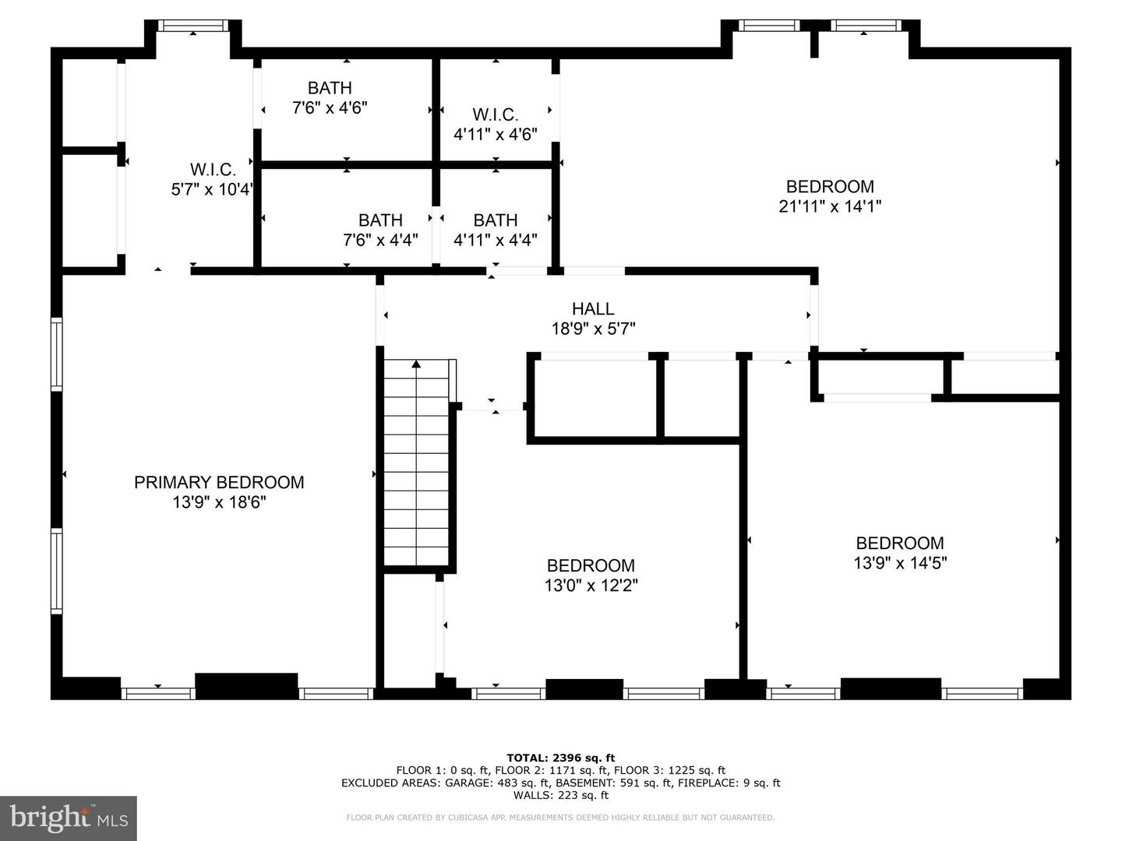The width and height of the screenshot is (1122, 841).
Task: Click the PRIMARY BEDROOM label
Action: point(219,483)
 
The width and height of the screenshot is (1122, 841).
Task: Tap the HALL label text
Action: point(593,309)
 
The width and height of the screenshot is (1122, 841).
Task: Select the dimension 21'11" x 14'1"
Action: point(830,206)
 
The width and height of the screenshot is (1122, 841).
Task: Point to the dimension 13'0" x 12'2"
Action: point(591,585)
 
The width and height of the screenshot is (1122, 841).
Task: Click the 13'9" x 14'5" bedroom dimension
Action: point(900,563)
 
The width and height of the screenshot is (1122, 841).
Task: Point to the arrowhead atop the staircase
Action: point(417,364)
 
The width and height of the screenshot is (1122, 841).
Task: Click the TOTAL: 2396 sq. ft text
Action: point(561,758)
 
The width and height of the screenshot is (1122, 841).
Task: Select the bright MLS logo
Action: point(69,817)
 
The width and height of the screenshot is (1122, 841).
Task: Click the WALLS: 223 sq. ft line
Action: point(561,795)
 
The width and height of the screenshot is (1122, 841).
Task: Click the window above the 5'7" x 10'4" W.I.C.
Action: point(192,26)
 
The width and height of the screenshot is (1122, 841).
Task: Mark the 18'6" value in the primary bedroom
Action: point(247,502)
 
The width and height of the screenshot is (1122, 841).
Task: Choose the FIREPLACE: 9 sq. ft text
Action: point(729,783)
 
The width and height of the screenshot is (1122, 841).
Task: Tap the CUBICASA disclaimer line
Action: point(561,818)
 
